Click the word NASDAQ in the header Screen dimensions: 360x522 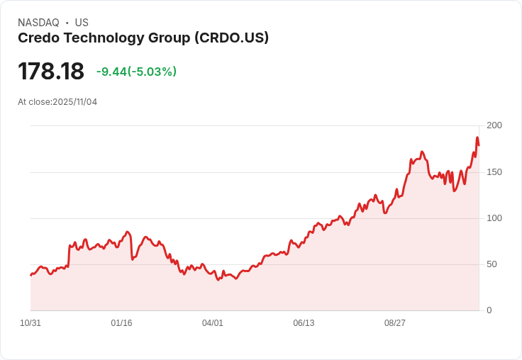(x=38, y=23)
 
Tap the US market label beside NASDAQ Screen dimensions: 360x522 (x=82, y=23)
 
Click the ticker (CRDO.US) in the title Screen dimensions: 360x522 (x=231, y=38)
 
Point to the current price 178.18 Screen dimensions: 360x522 (x=51, y=71)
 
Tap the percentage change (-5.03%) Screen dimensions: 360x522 (x=152, y=72)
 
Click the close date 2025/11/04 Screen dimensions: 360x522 (x=75, y=102)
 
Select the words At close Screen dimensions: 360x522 (x=34, y=102)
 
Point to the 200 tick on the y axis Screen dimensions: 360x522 (x=494, y=125)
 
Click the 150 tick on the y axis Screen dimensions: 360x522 (x=494, y=172)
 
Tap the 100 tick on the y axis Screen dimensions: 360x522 (x=494, y=218)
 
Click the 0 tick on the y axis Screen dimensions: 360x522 (x=489, y=310)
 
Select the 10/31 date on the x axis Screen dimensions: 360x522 (x=30, y=323)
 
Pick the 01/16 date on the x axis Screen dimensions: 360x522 (x=121, y=323)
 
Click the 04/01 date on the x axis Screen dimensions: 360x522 (x=213, y=323)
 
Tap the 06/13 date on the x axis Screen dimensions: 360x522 (x=304, y=323)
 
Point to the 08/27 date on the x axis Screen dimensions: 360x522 (x=395, y=323)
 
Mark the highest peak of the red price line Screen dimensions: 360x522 (x=477, y=137)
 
